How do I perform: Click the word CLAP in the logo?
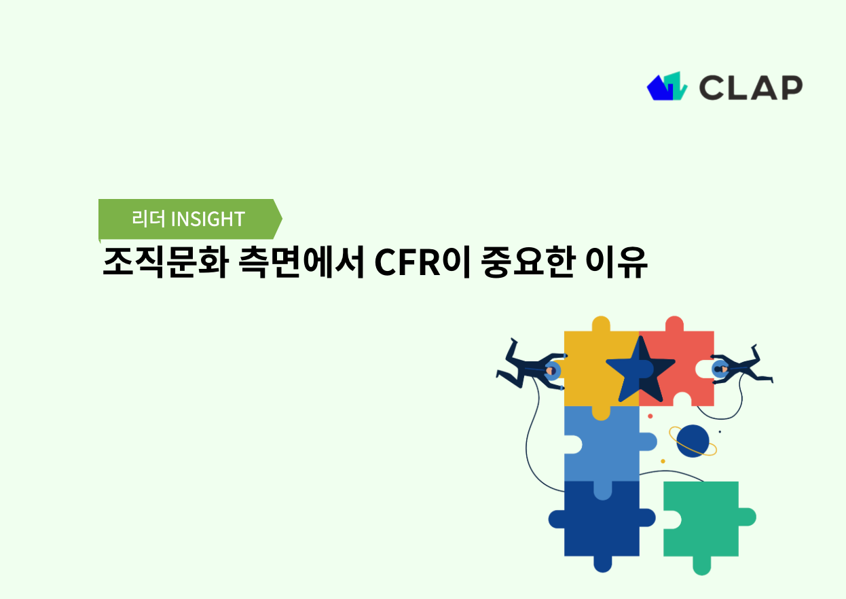(x=750, y=87)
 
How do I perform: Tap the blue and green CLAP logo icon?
(x=667, y=86)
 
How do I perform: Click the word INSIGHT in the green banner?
(x=207, y=219)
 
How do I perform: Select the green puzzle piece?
(x=703, y=520)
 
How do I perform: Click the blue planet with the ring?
(x=693, y=441)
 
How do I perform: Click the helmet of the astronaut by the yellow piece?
(x=553, y=370)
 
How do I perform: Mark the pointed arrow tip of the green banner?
(x=280, y=219)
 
